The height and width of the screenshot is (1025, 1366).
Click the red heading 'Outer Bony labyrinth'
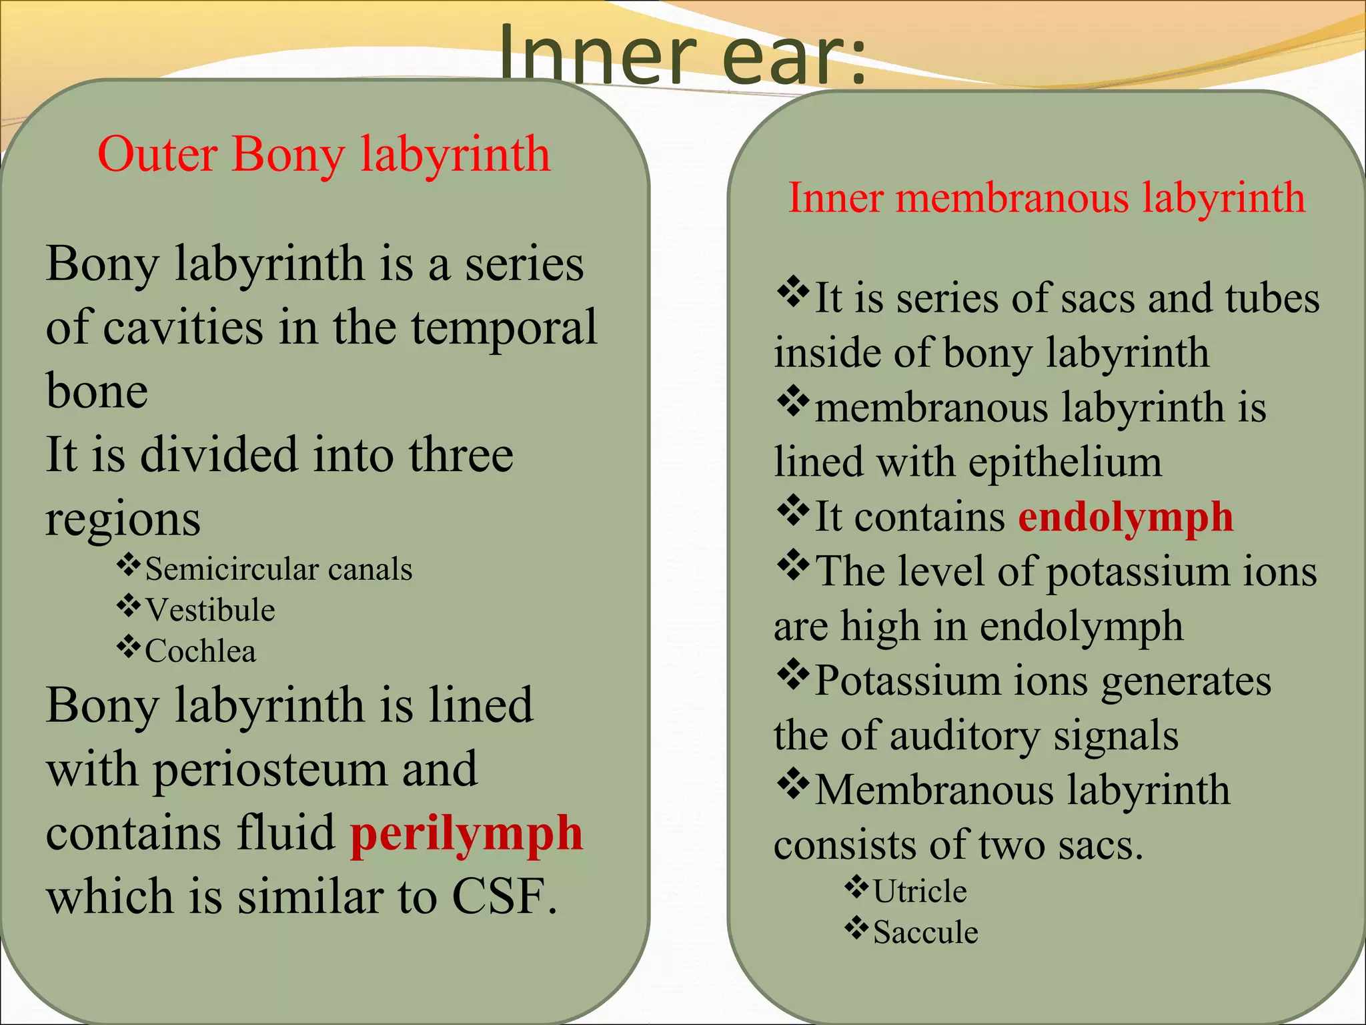(324, 155)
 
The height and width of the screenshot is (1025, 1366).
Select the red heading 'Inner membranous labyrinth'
(1046, 198)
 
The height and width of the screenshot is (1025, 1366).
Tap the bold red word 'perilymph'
(467, 834)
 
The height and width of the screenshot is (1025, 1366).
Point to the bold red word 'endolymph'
(1126, 518)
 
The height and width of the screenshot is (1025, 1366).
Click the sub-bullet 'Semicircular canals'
(279, 570)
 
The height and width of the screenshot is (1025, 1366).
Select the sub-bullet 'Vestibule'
(210, 611)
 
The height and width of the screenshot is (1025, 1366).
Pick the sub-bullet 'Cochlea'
(200, 651)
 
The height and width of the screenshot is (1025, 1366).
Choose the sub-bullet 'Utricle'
(920, 892)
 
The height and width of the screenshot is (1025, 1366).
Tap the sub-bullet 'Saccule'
(926, 933)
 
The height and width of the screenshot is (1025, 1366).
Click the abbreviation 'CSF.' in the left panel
(504, 896)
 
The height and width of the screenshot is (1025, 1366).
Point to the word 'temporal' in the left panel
(504, 328)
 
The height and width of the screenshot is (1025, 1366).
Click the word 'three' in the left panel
(461, 455)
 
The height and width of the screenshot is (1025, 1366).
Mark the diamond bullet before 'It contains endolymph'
(793, 511)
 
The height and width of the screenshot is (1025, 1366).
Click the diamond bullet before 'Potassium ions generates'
(793, 675)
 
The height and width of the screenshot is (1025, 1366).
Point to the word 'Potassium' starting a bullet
(908, 681)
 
